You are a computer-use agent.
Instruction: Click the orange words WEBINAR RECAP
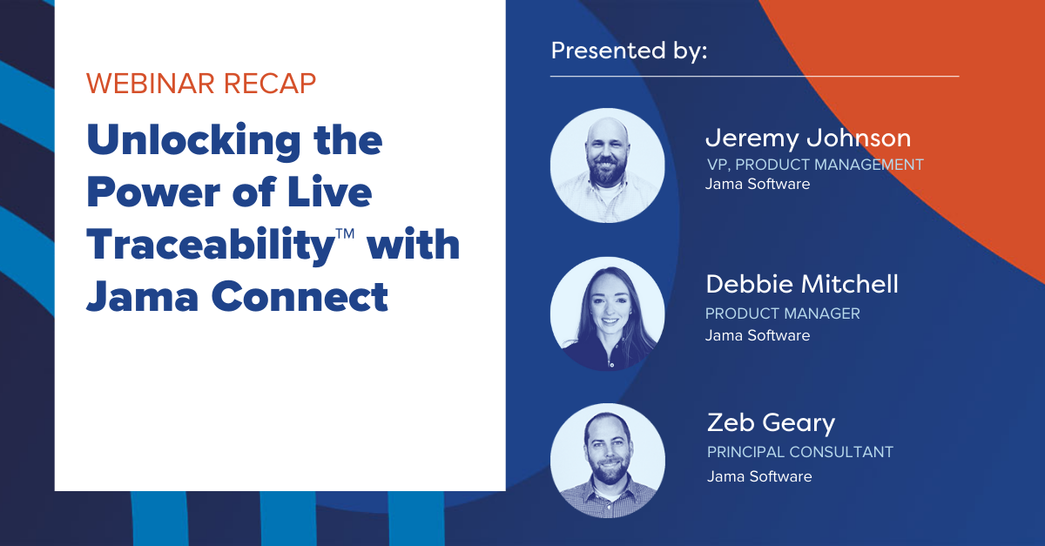pos(201,84)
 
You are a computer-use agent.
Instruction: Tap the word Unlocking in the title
pos(193,141)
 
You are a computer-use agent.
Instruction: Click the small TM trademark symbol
pos(345,233)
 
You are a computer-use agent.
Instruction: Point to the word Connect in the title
pos(300,296)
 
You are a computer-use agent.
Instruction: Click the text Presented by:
pos(629,51)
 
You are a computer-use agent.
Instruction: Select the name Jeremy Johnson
pos(808,139)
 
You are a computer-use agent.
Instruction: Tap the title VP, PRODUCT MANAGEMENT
pos(815,165)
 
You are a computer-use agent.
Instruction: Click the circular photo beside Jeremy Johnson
pos(608,165)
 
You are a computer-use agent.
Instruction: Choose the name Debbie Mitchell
pos(802,284)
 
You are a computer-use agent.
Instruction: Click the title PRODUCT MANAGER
pos(782,313)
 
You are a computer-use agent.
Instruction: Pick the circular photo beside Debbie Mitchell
pos(608,313)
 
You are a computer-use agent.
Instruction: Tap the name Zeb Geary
pos(772,423)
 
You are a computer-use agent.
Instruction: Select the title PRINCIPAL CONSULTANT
pos(800,452)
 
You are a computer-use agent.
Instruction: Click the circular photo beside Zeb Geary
pos(608,461)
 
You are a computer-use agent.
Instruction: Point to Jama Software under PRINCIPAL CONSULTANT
pos(759,476)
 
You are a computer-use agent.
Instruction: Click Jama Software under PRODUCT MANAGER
pos(758,335)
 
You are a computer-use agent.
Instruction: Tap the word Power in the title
pos(153,193)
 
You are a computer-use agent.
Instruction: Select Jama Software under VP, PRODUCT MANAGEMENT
pos(758,184)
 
